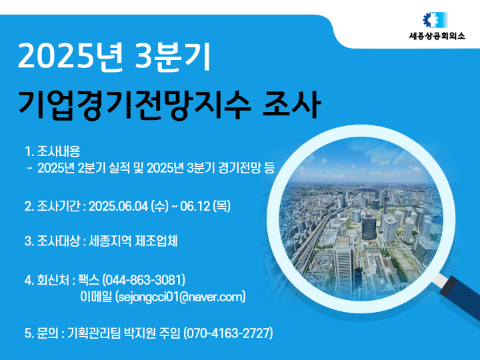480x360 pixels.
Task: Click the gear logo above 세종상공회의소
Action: (435, 20)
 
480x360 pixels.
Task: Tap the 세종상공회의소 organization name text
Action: (437, 36)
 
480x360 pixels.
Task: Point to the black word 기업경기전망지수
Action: (135, 105)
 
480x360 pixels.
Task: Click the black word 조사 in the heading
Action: (292, 105)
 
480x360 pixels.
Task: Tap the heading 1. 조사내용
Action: (53, 151)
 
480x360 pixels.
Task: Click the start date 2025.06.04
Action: (119, 206)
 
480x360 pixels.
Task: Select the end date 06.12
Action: (195, 206)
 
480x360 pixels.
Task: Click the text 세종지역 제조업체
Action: (133, 241)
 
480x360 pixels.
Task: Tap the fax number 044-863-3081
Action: (143, 280)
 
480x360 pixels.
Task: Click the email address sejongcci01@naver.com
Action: (181, 297)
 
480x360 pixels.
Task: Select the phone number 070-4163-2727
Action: (228, 333)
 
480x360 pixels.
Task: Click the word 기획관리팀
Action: (94, 333)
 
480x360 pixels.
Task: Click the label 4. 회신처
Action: (47, 280)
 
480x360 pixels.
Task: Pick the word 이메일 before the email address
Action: (96, 297)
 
